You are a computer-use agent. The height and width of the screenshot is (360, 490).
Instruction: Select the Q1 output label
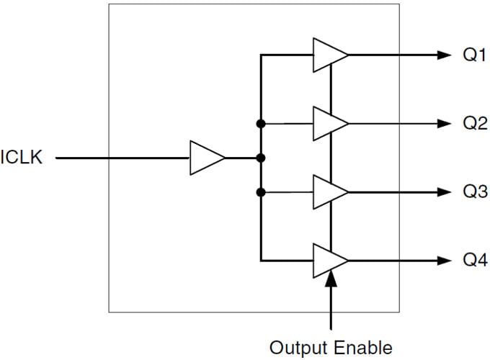(474, 55)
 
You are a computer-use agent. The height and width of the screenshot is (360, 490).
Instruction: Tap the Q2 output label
(474, 123)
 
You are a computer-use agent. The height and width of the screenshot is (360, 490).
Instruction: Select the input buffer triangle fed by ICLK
(206, 158)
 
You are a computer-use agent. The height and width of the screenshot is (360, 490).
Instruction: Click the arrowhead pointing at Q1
(442, 55)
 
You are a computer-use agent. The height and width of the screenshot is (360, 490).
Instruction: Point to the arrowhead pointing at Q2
(442, 124)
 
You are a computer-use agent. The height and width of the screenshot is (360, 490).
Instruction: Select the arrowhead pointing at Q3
(442, 192)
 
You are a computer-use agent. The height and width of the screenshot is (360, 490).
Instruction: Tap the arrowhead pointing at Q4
(442, 260)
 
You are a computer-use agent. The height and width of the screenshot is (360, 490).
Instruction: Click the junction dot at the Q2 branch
(261, 124)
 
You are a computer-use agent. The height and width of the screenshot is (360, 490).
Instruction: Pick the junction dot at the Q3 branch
(261, 192)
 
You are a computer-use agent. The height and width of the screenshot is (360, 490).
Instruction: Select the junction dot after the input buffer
(261, 158)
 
